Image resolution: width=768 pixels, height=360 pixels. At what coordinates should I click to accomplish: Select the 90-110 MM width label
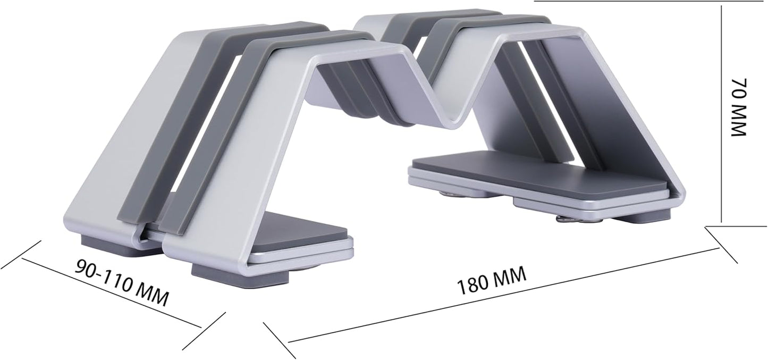[122, 282]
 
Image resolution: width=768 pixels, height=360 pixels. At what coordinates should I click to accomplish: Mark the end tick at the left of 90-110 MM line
[21, 255]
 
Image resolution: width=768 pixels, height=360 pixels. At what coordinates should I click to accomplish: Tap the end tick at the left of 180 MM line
[279, 340]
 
